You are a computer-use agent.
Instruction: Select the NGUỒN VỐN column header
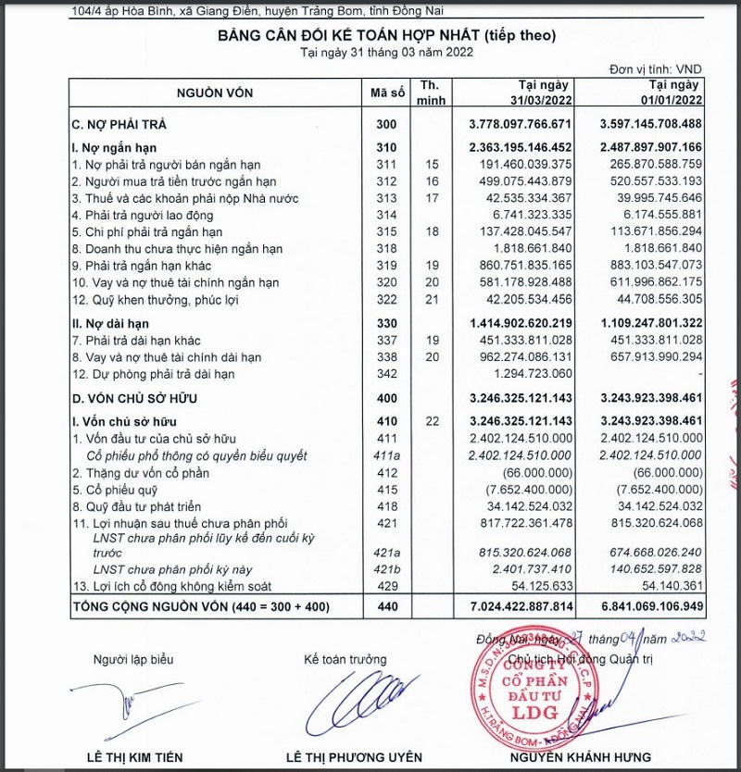(215, 93)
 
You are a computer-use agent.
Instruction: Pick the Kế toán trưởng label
(343, 659)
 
